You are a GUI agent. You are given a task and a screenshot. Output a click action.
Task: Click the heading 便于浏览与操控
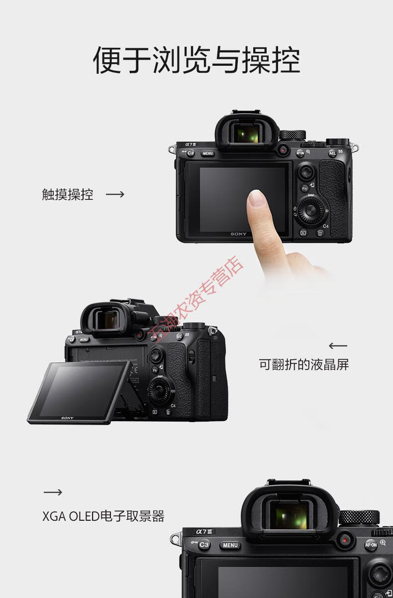(x=196, y=60)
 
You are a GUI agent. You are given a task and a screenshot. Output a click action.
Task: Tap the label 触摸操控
(x=68, y=194)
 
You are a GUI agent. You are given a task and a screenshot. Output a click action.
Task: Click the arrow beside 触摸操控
(x=115, y=194)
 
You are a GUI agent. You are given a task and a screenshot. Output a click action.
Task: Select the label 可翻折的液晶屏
(x=303, y=365)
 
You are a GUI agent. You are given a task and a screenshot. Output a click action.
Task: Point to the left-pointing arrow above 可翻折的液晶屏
(x=338, y=345)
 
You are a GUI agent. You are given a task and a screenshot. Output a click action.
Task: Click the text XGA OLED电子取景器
(x=103, y=516)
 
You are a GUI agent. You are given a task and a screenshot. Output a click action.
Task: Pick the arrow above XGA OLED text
(x=53, y=492)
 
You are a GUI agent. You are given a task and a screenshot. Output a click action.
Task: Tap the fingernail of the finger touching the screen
(x=256, y=198)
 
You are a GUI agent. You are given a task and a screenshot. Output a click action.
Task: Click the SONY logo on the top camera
(x=238, y=234)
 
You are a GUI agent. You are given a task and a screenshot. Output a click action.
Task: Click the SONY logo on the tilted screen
(x=68, y=418)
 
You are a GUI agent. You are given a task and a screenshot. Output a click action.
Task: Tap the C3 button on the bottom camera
(x=204, y=545)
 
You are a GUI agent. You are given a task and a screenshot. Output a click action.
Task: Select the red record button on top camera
(x=283, y=149)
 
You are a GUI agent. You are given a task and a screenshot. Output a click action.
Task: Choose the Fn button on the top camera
(x=305, y=188)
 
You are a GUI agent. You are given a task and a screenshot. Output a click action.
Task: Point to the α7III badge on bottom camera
(x=204, y=532)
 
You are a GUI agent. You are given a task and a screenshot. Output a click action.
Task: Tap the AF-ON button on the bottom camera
(x=371, y=545)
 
